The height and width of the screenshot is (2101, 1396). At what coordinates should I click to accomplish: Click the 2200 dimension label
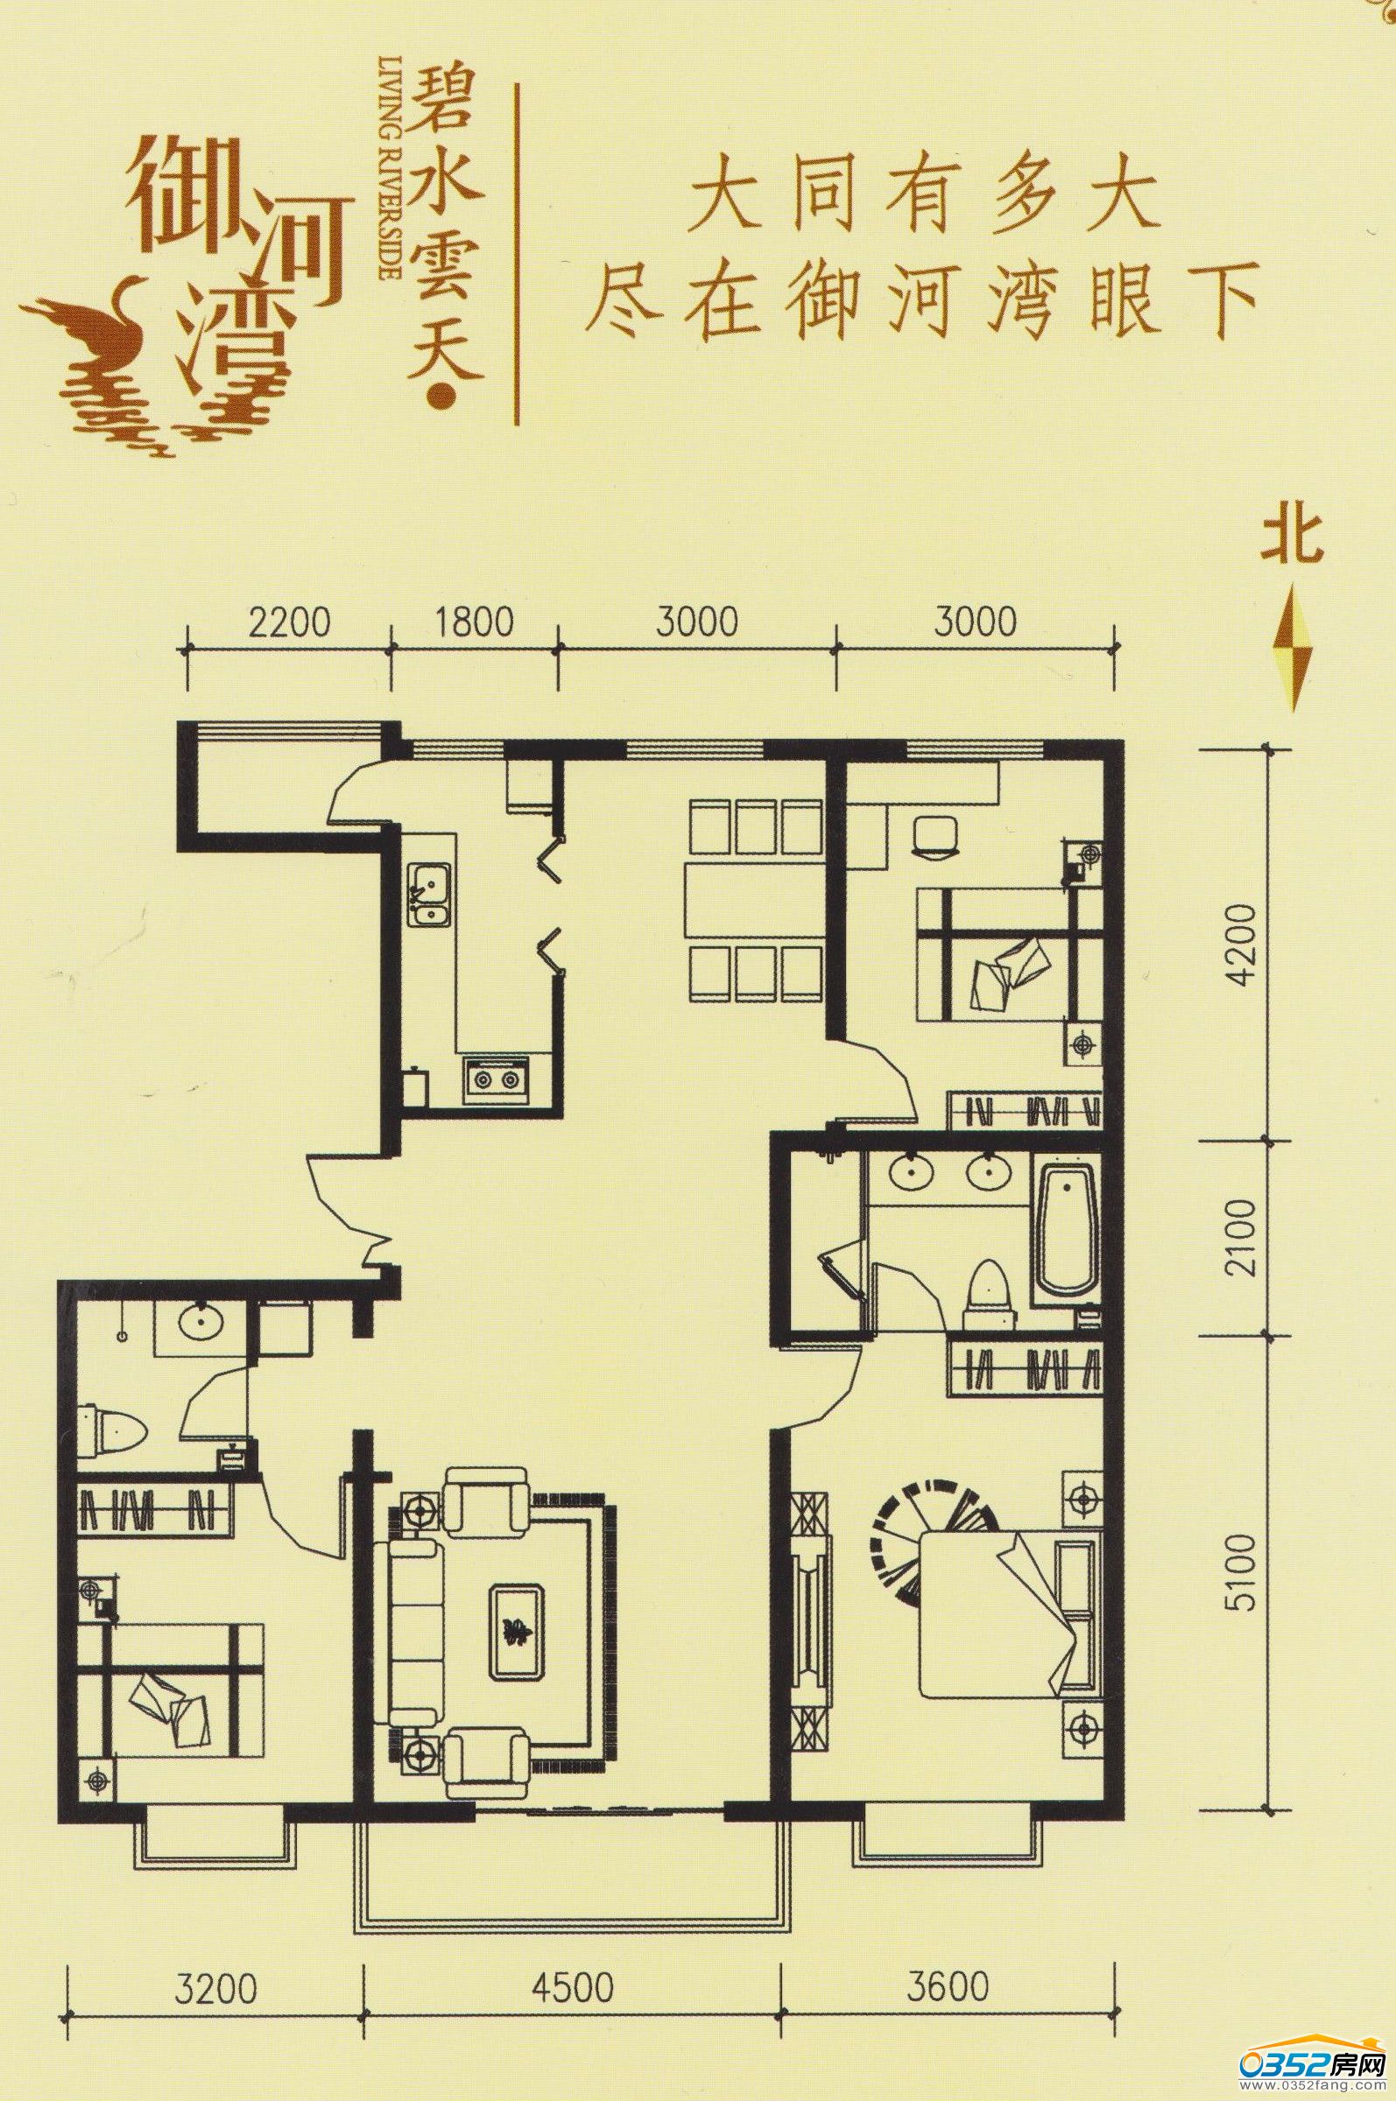289,622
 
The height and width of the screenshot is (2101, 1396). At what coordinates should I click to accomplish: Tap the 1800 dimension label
475,622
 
